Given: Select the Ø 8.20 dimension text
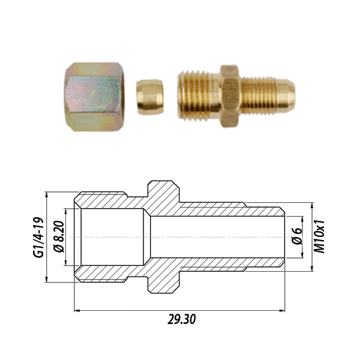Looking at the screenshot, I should (58, 238).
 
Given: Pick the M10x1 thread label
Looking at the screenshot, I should (321, 236).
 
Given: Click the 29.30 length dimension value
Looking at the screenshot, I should (181, 319).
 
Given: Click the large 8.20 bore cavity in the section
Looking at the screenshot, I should (111, 237).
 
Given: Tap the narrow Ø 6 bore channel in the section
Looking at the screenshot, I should (216, 237).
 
